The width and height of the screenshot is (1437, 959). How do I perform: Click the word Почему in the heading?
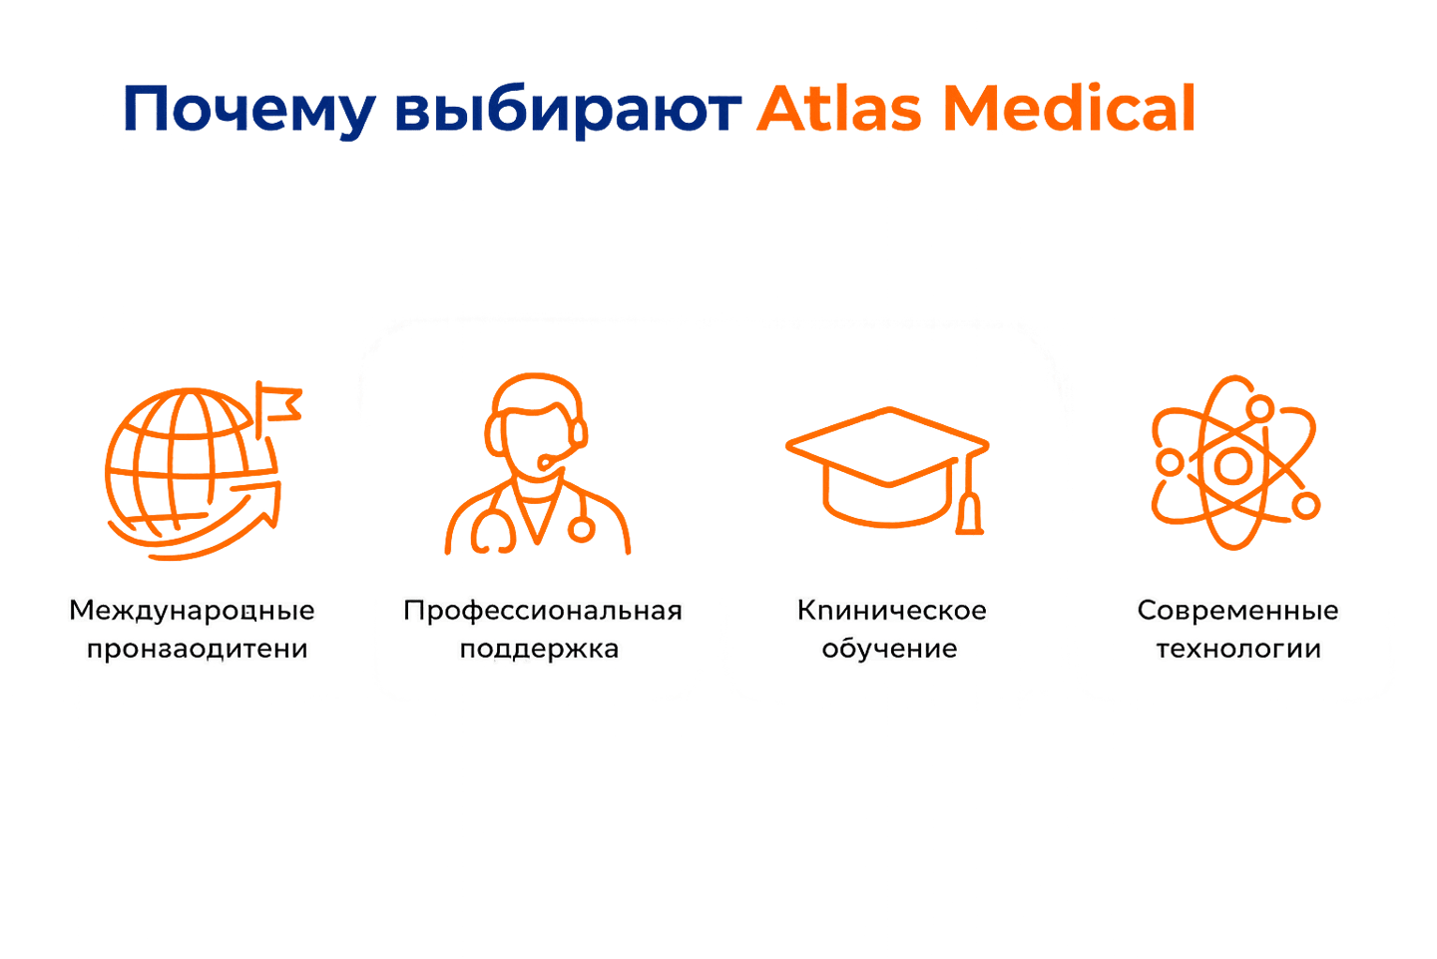click(x=249, y=110)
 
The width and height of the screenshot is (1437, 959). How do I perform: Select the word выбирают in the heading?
click(x=567, y=110)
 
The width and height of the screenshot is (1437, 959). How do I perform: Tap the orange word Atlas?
click(x=839, y=108)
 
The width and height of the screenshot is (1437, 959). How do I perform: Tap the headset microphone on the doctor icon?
click(x=548, y=463)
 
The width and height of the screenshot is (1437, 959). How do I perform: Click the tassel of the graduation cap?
click(x=970, y=515)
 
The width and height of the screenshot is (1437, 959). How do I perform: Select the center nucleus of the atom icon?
click(x=1233, y=466)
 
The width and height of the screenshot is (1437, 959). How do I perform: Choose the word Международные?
click(x=193, y=610)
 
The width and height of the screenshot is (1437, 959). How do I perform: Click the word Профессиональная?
click(x=543, y=610)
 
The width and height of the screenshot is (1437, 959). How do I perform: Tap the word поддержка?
click(x=540, y=649)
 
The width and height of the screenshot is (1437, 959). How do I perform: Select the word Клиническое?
click(x=891, y=610)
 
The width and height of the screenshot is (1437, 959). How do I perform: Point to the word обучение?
click(x=890, y=649)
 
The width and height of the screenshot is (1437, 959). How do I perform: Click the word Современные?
click(x=1237, y=610)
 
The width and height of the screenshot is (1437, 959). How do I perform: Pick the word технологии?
click(x=1238, y=649)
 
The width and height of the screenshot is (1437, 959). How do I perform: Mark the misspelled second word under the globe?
click(x=198, y=649)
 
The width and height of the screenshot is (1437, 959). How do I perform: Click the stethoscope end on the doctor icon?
click(x=582, y=527)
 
